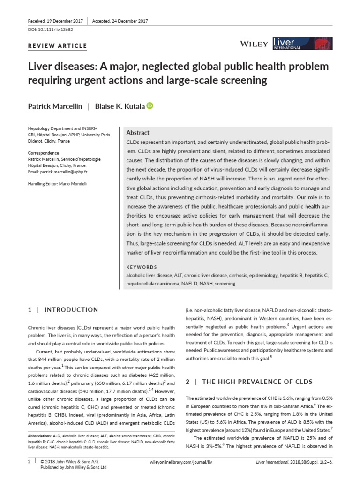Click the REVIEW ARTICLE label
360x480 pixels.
coord(58,45)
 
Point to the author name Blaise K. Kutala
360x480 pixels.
coord(120,106)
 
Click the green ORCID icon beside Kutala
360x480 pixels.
coord(150,106)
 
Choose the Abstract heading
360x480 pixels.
coord(138,133)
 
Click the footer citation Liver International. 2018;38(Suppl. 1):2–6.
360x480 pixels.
coord(294,462)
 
